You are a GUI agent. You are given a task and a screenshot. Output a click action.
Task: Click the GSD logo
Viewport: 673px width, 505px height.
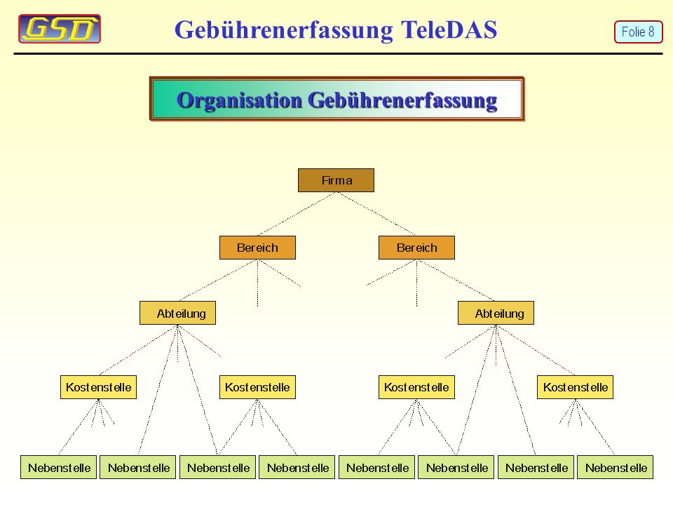click(60, 29)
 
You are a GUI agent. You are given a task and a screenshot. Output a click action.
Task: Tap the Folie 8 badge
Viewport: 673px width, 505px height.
click(638, 32)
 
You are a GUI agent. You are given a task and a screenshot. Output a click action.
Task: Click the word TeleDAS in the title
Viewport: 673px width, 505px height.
click(449, 29)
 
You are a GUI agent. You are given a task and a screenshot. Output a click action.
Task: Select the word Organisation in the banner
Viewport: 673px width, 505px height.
click(240, 100)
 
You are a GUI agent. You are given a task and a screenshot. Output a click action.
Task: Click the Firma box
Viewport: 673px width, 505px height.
click(336, 180)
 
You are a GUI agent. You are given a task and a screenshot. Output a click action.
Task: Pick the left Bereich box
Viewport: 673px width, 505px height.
click(257, 248)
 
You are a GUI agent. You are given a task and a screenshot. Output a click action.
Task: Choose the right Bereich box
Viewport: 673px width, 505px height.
click(416, 248)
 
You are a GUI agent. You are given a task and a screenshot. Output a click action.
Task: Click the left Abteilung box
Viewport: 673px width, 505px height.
click(177, 313)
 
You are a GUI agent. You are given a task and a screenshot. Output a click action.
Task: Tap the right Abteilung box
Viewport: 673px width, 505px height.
click(496, 313)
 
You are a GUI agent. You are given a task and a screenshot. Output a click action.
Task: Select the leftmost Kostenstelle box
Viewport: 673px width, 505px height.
click(98, 387)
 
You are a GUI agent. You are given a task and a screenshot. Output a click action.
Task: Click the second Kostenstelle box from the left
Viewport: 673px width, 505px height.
click(257, 387)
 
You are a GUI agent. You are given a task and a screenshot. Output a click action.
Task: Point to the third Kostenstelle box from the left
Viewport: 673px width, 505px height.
click(416, 387)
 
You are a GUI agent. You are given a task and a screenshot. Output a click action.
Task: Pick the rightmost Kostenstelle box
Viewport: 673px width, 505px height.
click(575, 387)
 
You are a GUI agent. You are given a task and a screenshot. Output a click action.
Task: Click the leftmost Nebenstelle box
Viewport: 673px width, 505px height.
click(58, 467)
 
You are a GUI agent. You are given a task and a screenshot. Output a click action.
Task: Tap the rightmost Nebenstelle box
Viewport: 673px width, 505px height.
click(615, 467)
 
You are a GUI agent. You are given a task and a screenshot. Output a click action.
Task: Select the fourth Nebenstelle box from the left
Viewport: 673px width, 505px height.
click(297, 467)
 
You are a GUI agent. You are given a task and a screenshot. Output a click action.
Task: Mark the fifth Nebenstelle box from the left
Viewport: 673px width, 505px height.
click(377, 467)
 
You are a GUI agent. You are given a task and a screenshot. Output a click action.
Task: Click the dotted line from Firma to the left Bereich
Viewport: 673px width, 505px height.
click(297, 214)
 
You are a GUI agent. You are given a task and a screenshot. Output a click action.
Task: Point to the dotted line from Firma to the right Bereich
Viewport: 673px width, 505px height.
click(376, 214)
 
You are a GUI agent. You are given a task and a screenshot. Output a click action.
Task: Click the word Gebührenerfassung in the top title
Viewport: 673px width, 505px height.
click(284, 30)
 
